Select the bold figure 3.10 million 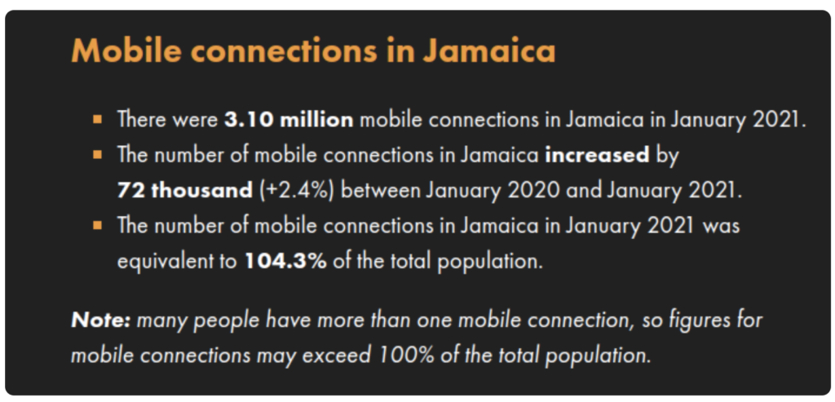click(289, 119)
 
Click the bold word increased click(597, 156)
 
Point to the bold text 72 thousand click(185, 191)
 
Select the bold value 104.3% click(285, 262)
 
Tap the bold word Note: click(100, 320)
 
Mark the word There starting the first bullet click(140, 119)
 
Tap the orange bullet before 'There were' click(97, 118)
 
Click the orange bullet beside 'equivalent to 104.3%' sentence click(97, 226)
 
